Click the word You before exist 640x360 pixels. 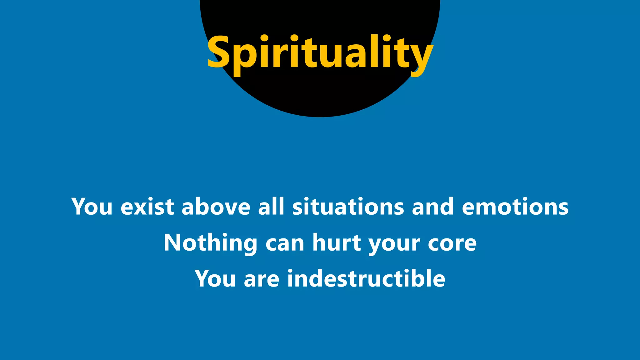(x=92, y=207)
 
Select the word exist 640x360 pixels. (x=147, y=207)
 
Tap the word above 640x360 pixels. (x=216, y=207)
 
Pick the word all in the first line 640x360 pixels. (x=271, y=207)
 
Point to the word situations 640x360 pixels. (x=348, y=207)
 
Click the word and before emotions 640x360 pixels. (x=433, y=207)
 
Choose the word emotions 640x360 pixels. (x=515, y=207)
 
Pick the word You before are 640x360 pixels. (x=215, y=278)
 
